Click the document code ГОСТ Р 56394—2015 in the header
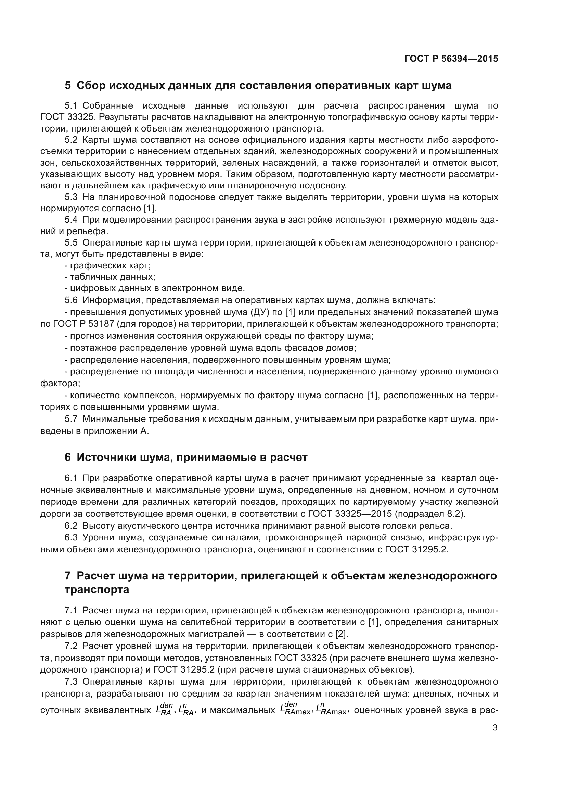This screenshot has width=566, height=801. click(x=451, y=59)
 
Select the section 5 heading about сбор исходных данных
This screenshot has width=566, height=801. click(x=258, y=86)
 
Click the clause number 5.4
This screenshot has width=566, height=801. click(x=71, y=220)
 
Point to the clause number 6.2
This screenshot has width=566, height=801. click(x=71, y=526)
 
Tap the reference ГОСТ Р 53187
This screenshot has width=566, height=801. click(x=83, y=324)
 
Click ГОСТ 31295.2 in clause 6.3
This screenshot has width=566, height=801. click(x=416, y=549)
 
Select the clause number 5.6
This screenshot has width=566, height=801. click(x=71, y=300)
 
